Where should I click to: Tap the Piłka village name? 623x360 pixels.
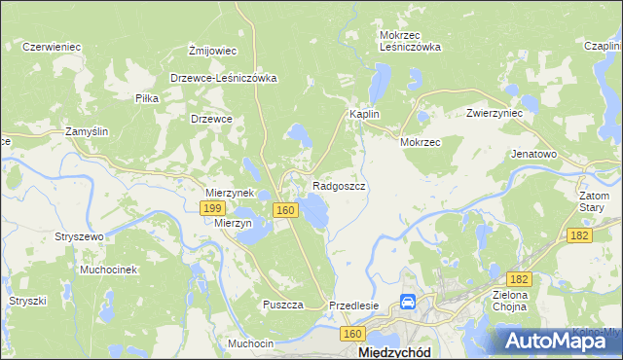coord(147,99)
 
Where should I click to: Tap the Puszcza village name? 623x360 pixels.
coord(283,305)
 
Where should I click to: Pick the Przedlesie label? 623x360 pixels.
coord(354,305)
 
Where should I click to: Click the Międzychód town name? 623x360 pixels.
coord(396,351)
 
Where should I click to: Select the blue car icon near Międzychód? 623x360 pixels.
coord(410,305)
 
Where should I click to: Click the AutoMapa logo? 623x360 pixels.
coord(563,341)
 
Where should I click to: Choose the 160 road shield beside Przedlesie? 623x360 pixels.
coord(351,334)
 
